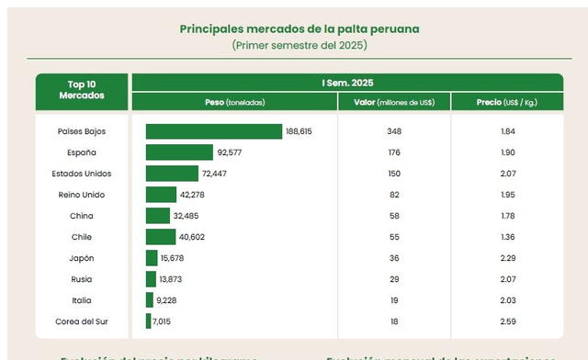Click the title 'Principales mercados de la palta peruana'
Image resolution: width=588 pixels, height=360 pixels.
click(x=299, y=28)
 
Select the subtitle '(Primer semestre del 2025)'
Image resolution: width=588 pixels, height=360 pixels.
click(x=299, y=44)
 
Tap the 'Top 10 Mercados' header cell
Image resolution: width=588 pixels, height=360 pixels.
click(x=82, y=90)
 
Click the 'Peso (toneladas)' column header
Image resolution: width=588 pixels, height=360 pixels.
click(x=234, y=101)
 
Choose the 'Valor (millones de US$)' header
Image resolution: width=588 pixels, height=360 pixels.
click(x=394, y=101)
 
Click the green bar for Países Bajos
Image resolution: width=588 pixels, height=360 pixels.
click(x=213, y=131)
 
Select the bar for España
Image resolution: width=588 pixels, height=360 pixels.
click(x=179, y=152)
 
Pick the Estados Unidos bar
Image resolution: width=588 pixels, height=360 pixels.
click(x=172, y=174)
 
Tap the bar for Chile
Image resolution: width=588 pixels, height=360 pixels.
click(x=162, y=237)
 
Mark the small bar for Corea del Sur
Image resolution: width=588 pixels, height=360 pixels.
click(x=148, y=321)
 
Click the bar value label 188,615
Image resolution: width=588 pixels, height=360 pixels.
click(x=300, y=131)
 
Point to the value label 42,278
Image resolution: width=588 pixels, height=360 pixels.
click(x=193, y=195)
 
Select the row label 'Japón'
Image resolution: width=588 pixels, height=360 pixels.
click(x=82, y=258)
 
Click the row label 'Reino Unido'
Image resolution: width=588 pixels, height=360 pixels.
click(x=82, y=195)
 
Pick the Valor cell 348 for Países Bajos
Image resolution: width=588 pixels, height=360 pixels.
click(x=395, y=131)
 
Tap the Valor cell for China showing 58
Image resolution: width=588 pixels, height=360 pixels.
click(x=395, y=216)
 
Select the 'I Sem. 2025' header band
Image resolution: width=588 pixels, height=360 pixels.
click(x=347, y=83)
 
